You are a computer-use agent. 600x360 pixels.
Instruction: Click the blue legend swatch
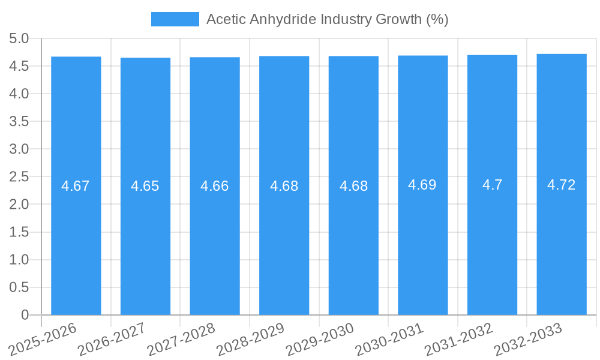[175, 19]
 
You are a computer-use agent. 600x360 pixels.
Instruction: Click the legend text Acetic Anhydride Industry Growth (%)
[327, 19]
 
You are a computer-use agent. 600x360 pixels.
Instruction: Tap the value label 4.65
[145, 186]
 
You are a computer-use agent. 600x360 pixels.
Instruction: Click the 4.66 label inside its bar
[215, 186]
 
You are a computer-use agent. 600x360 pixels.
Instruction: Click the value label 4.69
[422, 185]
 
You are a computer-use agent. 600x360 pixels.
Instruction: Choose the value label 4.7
[492, 185]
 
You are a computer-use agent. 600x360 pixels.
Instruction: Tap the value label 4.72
[562, 185]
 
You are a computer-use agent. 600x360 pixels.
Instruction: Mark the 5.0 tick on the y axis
[19, 39]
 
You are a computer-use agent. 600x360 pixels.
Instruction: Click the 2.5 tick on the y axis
[19, 177]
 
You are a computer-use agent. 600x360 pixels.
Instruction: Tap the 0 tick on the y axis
[25, 315]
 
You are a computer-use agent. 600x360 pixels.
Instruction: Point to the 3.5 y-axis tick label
[19, 122]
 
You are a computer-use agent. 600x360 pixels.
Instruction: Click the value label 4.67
[76, 186]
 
